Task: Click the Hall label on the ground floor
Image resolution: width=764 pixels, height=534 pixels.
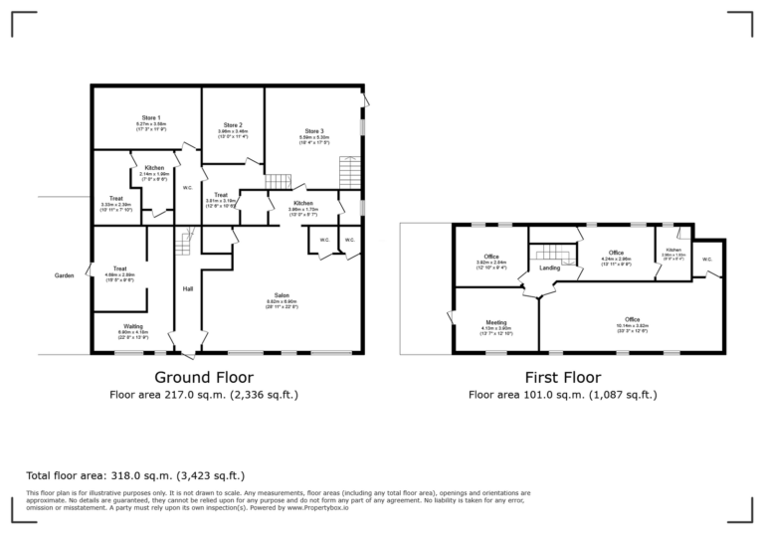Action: (187, 289)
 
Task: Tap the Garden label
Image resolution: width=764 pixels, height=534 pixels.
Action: (66, 275)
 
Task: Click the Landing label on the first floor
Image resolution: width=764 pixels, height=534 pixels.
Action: (549, 268)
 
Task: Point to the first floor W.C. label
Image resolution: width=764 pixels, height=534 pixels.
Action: (707, 261)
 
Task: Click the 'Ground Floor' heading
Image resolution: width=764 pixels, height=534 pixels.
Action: (203, 378)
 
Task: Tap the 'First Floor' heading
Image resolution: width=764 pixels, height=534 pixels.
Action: (563, 378)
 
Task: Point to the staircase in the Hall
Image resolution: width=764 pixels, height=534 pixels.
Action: (184, 242)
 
